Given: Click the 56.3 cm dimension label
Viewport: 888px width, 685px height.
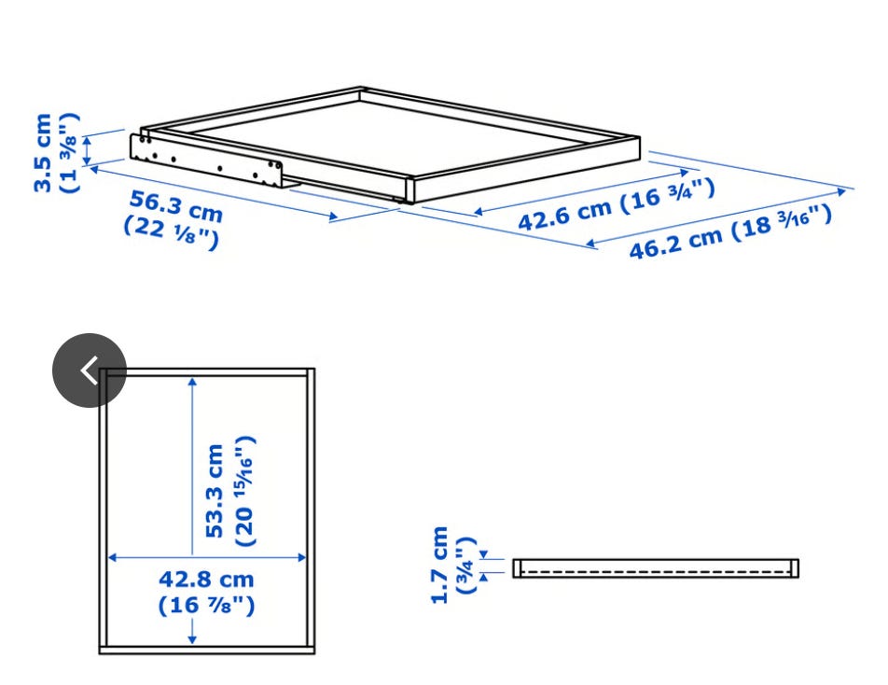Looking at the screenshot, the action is [x=176, y=206].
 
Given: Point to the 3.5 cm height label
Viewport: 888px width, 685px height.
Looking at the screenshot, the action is [x=43, y=153].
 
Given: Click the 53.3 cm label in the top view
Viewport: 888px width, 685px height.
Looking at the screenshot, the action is [x=215, y=491].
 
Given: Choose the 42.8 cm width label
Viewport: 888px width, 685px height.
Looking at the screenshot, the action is [x=206, y=579].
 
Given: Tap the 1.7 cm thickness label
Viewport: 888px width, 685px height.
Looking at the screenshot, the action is [x=439, y=565].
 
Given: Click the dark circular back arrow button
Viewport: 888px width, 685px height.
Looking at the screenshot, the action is [x=90, y=370].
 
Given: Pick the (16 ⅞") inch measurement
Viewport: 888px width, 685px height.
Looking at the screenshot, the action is [x=207, y=605].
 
